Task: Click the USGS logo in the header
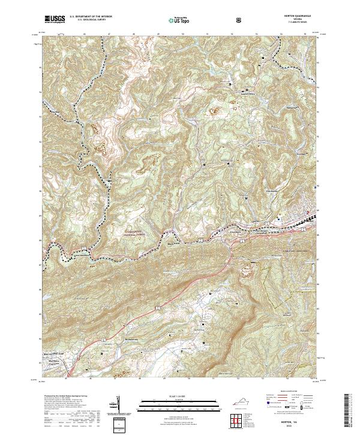[x=55, y=19]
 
